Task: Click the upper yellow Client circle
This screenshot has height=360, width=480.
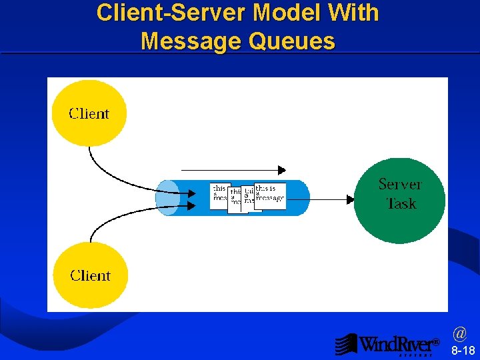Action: coord(89,113)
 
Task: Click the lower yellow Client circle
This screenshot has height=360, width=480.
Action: coord(91,275)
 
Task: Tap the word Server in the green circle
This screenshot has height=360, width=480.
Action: coord(400,184)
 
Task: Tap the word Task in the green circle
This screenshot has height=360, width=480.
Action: coord(401,203)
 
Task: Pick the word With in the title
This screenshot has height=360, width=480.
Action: coord(354,13)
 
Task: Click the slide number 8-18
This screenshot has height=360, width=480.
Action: coord(463,351)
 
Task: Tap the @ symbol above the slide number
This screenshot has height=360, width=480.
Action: coord(459,332)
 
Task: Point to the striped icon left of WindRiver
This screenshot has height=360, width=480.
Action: coord(346,344)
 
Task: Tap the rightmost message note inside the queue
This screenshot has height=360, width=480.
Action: coord(270,195)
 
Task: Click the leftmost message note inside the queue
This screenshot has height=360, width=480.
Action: coord(219,196)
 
